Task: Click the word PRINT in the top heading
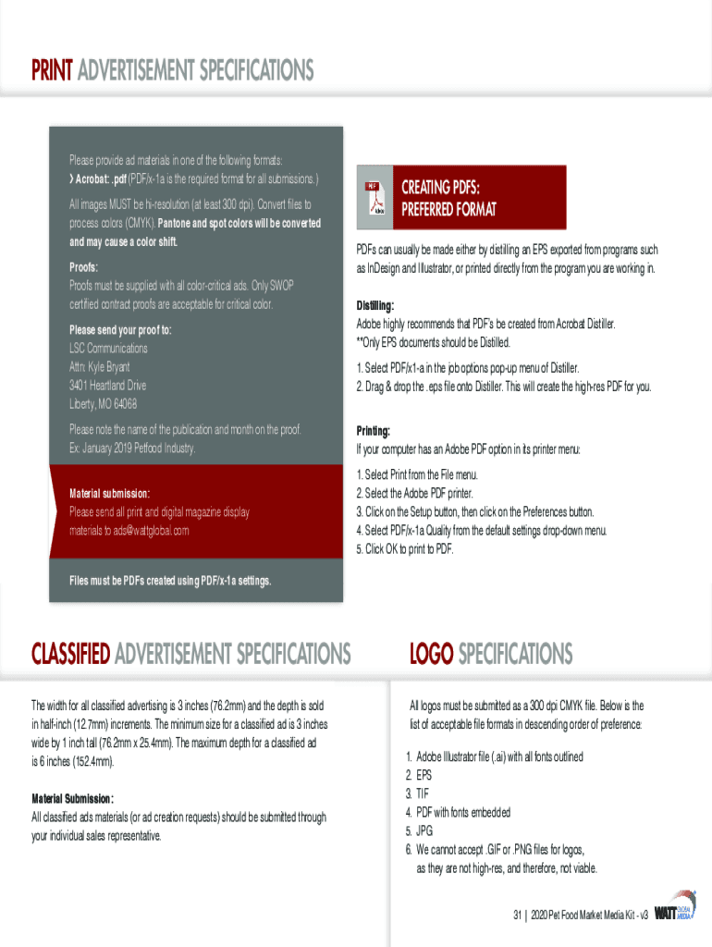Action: coord(52,70)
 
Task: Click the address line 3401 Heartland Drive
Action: coord(107,386)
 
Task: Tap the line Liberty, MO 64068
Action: coord(103,404)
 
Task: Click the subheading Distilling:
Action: coord(375,305)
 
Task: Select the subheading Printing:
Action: coord(374,431)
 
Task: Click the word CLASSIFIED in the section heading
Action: coord(71,655)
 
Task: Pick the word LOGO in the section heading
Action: coord(431,655)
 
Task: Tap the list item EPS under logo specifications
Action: coord(424,775)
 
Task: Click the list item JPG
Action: coord(424,830)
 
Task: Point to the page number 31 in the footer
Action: coord(519,915)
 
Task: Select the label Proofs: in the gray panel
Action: coord(84,267)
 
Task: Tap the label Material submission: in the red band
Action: coord(109,493)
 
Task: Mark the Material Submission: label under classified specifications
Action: coord(73,798)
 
